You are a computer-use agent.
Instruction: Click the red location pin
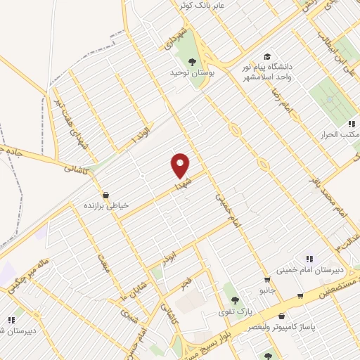click(x=181, y=165)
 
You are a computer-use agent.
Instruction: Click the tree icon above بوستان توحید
click(x=192, y=60)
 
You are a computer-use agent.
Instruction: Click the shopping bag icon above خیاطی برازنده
click(x=105, y=195)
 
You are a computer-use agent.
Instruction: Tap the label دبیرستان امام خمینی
click(x=327, y=269)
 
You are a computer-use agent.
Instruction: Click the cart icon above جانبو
click(x=266, y=280)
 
